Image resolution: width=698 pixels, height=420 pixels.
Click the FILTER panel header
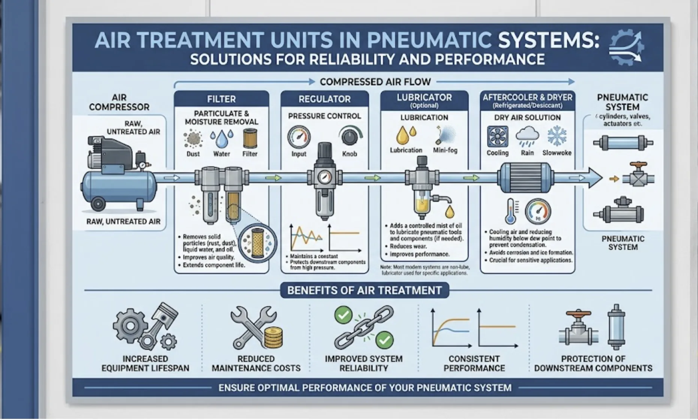tap(221, 99)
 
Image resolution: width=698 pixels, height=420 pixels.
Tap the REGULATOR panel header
tap(325, 99)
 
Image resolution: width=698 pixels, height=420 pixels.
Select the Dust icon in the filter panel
tap(193, 139)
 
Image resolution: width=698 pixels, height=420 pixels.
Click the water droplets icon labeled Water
tap(221, 139)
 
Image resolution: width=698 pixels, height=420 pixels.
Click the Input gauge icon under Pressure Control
tap(299, 137)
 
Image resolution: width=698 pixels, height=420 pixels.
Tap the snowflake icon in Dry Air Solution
tap(557, 136)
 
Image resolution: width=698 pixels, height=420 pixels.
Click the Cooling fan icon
tap(498, 136)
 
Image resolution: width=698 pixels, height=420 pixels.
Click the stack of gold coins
tap(273, 337)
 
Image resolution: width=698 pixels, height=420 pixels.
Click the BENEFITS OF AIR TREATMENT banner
tap(364, 290)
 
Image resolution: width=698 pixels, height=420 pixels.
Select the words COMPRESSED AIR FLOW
tap(375, 82)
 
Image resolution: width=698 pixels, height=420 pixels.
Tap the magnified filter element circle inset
tap(258, 242)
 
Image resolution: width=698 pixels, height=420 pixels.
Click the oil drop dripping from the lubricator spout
tap(450, 212)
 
